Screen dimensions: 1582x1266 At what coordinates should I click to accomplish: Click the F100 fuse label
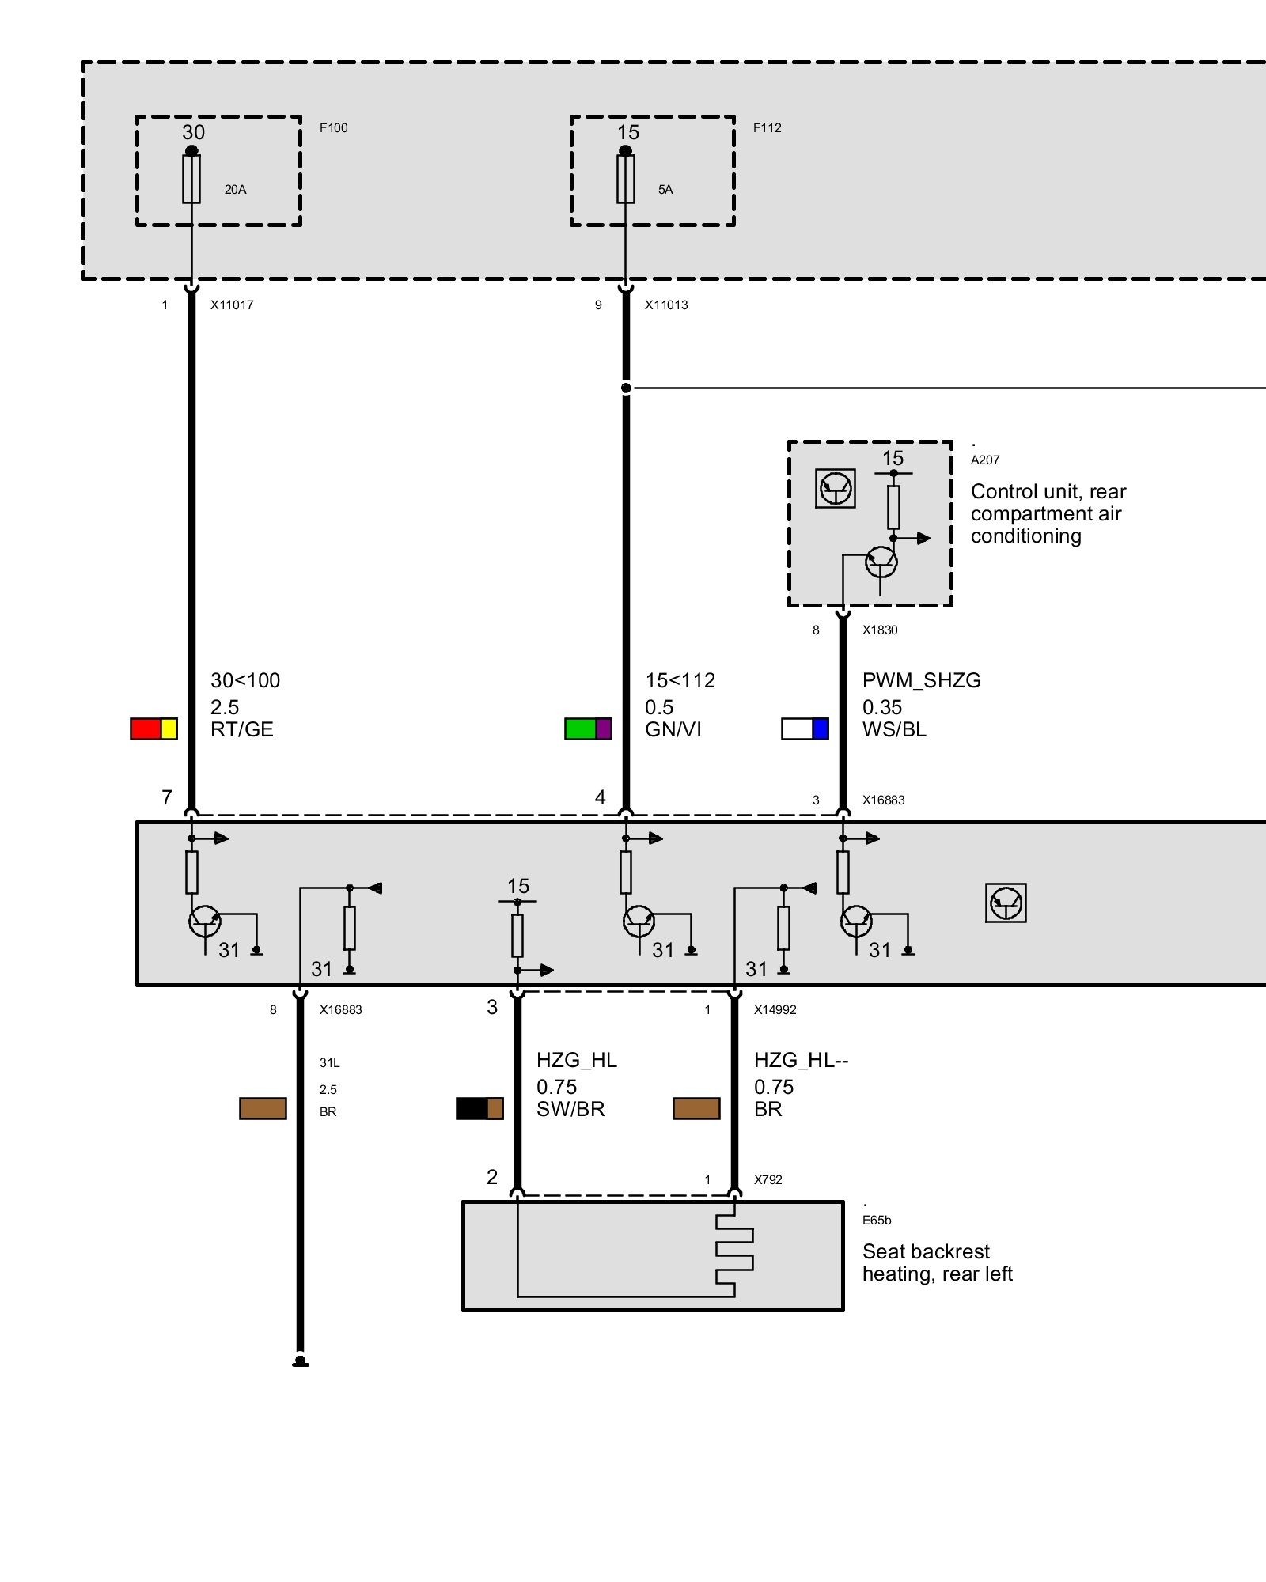pyautogui.click(x=333, y=128)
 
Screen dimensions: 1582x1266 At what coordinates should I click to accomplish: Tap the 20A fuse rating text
pyautogui.click(x=235, y=190)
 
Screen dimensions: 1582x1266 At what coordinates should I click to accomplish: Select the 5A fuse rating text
pyautogui.click(x=665, y=190)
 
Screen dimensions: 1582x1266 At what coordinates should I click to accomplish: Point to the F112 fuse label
pyautogui.click(x=767, y=128)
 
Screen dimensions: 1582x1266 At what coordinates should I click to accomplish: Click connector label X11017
pyautogui.click(x=232, y=305)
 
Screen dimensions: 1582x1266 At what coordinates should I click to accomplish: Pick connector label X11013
pyautogui.click(x=666, y=305)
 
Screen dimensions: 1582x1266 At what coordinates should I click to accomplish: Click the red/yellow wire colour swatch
pyautogui.click(x=154, y=729)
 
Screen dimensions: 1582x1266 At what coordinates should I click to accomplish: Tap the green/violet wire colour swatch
pyautogui.click(x=588, y=729)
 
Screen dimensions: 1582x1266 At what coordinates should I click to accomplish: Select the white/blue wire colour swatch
pyautogui.click(x=805, y=729)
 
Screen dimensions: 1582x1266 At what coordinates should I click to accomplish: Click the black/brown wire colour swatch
pyautogui.click(x=479, y=1108)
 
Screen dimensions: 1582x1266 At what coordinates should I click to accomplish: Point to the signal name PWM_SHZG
pyautogui.click(x=921, y=680)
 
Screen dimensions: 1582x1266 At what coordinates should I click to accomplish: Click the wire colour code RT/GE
pyautogui.click(x=241, y=729)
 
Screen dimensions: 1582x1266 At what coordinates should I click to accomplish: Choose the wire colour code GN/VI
pyautogui.click(x=673, y=729)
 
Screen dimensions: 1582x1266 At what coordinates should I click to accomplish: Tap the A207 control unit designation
pyautogui.click(x=985, y=460)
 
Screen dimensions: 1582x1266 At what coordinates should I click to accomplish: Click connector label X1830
pyautogui.click(x=880, y=630)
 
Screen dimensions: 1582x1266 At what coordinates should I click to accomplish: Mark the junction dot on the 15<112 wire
pyautogui.click(x=626, y=388)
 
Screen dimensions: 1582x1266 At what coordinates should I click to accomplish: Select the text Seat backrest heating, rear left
pyautogui.click(x=937, y=1262)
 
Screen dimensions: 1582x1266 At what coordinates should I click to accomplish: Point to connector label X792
pyautogui.click(x=768, y=1180)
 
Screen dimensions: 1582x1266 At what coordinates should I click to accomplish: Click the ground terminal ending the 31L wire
pyautogui.click(x=300, y=1361)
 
